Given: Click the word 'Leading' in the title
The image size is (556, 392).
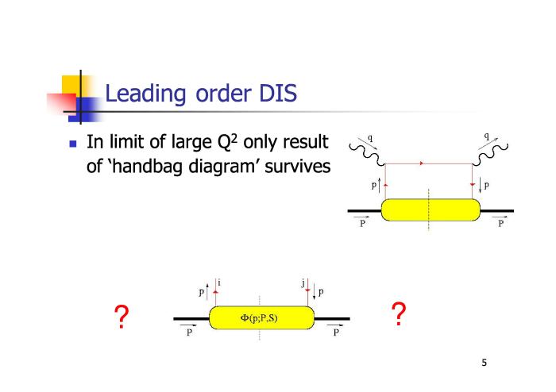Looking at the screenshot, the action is pos(145,94).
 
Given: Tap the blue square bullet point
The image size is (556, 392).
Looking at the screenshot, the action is pos(73,144).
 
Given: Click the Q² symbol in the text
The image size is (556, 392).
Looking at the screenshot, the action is pos(227,142).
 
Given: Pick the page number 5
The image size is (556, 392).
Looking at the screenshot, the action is pos(484,363).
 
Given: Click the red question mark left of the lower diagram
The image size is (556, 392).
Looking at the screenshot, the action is pos(122,317).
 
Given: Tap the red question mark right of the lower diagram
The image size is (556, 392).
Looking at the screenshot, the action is pos(399,313).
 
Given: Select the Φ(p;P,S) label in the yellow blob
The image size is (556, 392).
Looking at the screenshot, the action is pos(259,318).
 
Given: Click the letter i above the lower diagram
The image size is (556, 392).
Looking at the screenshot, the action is pos(219,282).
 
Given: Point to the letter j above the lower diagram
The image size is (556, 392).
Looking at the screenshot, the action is pos(303,283).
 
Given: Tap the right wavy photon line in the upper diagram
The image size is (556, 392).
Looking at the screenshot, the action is pos(490,154).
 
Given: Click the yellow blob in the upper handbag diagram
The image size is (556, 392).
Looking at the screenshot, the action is pos(431,210).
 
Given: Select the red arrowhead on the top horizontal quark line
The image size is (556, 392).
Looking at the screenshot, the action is pos(421,163).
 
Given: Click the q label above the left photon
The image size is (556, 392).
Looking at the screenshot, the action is pos(370,138).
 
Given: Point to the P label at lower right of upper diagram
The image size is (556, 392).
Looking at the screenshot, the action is pos(500,223).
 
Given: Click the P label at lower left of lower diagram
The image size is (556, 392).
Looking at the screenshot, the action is pos(189,332).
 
